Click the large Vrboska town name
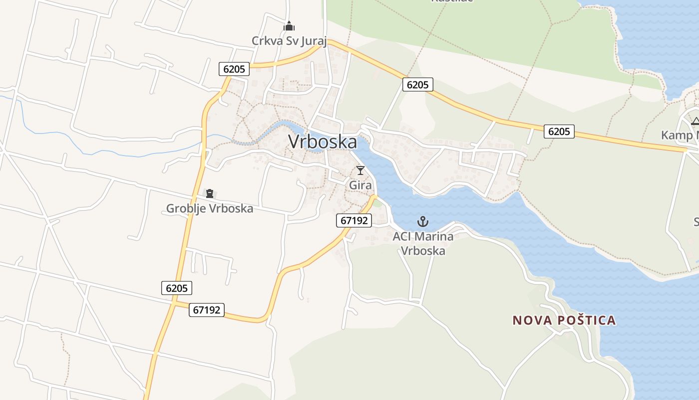point(323,142)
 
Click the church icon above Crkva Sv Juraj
point(289,26)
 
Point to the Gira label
point(360,185)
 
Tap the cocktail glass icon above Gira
point(360,170)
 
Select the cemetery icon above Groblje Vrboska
point(210,193)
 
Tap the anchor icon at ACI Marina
point(423,221)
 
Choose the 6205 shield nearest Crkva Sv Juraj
point(234,69)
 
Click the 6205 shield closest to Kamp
point(559,131)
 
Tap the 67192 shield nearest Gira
point(354,220)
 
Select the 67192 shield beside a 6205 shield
point(206,310)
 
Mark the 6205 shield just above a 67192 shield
point(177,288)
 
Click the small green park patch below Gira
point(377,203)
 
